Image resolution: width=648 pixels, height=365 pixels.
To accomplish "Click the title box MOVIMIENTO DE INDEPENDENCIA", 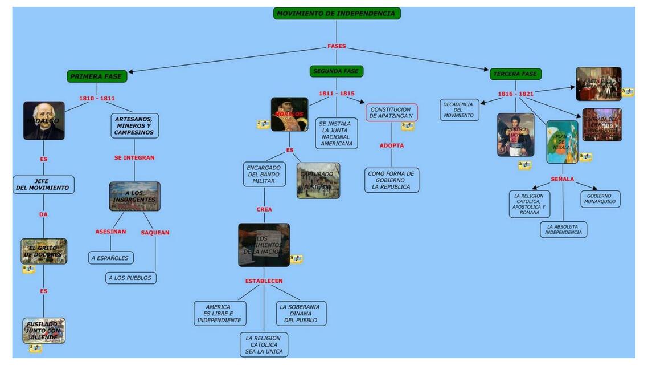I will (x=337, y=13).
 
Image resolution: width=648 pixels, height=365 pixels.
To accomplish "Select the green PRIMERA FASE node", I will (x=97, y=76).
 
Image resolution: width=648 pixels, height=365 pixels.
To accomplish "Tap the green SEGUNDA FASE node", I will (x=337, y=71).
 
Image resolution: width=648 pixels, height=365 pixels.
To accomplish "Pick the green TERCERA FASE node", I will (x=515, y=74).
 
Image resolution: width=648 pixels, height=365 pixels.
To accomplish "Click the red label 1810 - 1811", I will (x=97, y=98).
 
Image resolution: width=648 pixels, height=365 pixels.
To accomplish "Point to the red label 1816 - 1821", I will (x=515, y=94).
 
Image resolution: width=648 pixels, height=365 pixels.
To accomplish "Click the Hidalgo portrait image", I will (x=44, y=121).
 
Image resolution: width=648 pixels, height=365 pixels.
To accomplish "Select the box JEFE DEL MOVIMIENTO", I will (x=43, y=185).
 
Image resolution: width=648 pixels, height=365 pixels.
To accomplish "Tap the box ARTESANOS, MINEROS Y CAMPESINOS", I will (x=134, y=125).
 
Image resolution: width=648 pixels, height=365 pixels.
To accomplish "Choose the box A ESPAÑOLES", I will (x=110, y=258).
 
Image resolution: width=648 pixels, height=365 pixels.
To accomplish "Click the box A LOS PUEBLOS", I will (x=130, y=278).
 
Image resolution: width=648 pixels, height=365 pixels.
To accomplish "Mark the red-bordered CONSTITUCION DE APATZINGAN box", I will (x=391, y=112).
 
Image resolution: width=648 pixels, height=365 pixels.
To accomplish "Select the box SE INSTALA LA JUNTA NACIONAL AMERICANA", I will (x=336, y=133).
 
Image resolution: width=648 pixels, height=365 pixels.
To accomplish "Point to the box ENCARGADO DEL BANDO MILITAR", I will (x=264, y=174).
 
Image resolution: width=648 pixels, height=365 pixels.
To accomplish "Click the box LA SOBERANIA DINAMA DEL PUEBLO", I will (x=300, y=313).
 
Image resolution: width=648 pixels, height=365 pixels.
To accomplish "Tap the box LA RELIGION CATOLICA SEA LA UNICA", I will (x=264, y=344).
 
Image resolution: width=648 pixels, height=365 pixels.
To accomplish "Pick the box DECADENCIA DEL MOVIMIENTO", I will (x=459, y=109).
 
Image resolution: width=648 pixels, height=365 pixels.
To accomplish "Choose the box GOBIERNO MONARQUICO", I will (x=600, y=198).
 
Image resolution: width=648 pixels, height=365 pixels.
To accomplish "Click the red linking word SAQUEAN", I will (x=155, y=233).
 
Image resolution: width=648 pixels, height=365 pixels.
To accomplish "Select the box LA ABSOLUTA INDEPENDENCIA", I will (x=563, y=229).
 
